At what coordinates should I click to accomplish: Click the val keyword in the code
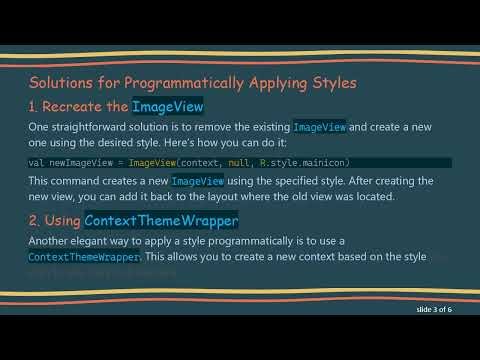click(x=35, y=161)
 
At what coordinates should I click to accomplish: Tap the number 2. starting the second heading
click(x=36, y=219)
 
